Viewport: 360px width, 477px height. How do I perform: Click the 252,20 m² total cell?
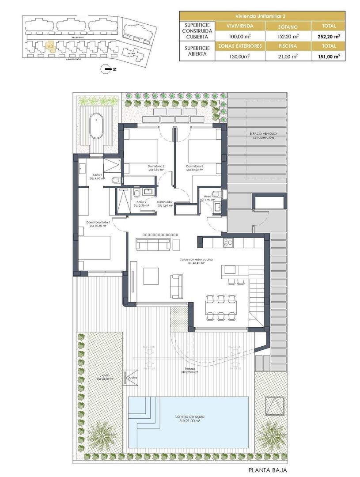click(327, 36)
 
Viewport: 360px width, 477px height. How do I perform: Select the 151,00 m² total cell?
click(327, 56)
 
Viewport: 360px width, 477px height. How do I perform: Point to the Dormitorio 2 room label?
click(156, 166)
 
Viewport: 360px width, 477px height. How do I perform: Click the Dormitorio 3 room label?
click(194, 166)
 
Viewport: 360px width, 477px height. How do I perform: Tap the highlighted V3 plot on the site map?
click(50, 46)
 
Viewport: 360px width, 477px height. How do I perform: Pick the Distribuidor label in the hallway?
click(164, 202)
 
